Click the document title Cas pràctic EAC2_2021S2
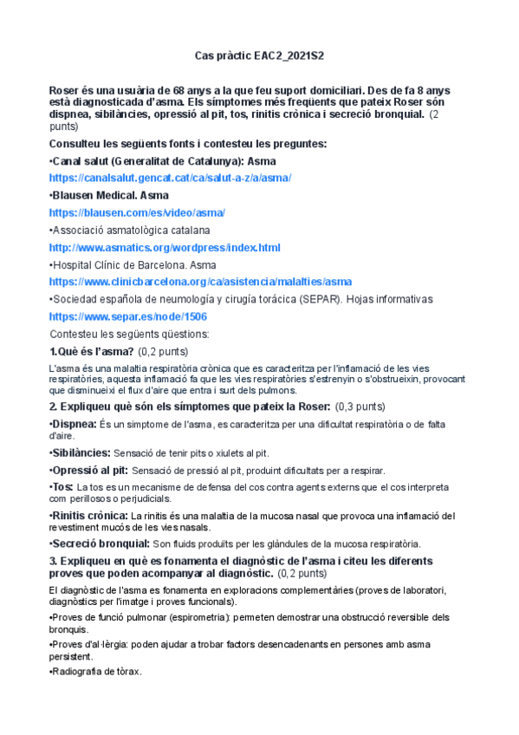pos(260,55)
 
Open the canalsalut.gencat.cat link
pos(170,178)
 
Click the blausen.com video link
pos(138,212)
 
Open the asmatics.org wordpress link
pos(165,248)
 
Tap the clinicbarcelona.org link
pos(200,282)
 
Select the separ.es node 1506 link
pos(128,317)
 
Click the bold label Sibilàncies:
pos(81,453)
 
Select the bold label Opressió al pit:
pos(88,471)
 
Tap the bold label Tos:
pos(62,487)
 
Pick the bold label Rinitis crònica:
pos(89,516)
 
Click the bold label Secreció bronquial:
pos(99,544)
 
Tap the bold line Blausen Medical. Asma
pos(109,195)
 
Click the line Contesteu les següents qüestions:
pos(125,334)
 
